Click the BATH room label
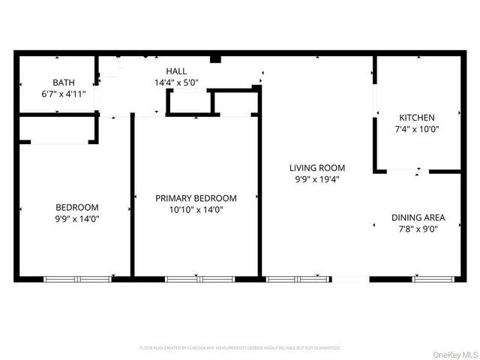pos(63,82)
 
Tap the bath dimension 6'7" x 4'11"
pos(63,94)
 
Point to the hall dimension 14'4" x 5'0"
pos(176,82)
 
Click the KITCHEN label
pos(416,118)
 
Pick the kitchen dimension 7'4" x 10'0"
pos(416,129)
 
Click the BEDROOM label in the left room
pos(76,207)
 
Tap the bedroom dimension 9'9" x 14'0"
pos(76,219)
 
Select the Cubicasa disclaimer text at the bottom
pos(240,348)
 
